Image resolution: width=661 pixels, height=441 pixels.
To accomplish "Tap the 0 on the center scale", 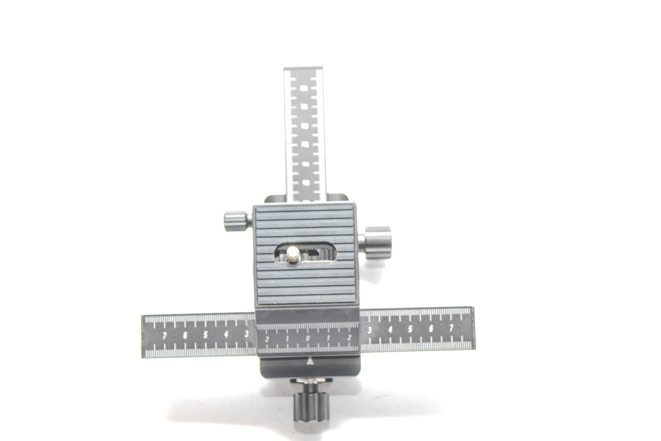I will click(308, 339).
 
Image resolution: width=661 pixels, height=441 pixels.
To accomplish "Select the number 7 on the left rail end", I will click(165, 335).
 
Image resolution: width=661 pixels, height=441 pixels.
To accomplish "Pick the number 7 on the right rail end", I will click(451, 328).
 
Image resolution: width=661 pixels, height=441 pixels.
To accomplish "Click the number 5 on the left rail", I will click(206, 335).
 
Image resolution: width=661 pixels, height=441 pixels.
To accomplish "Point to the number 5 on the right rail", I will click(410, 329).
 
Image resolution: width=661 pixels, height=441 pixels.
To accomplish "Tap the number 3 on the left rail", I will click(246, 334).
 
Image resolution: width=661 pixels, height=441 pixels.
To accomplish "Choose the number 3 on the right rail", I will click(369, 329).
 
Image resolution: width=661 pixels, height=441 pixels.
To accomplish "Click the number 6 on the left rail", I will click(185, 335).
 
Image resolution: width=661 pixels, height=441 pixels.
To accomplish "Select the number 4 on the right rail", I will click(390, 329).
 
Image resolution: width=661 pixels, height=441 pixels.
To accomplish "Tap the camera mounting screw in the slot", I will click(292, 253).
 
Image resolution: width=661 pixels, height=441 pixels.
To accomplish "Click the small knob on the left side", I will click(235, 220).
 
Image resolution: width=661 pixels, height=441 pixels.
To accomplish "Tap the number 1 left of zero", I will click(287, 339).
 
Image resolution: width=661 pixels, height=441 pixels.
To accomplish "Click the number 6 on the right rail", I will click(431, 329).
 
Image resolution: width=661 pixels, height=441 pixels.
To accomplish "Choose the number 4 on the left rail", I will click(226, 335).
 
